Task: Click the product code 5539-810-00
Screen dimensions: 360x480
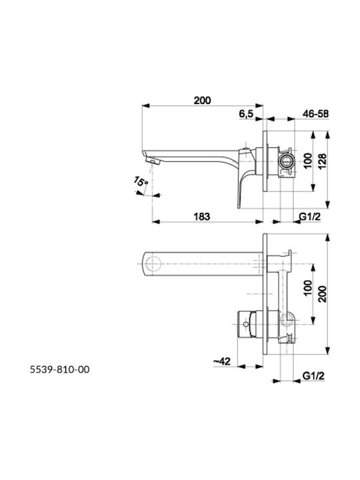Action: click(x=60, y=369)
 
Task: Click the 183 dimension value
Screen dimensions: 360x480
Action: click(x=202, y=217)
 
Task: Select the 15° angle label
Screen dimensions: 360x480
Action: click(x=141, y=182)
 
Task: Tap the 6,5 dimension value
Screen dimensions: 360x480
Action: click(x=246, y=113)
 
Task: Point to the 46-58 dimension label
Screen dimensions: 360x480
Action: click(x=315, y=113)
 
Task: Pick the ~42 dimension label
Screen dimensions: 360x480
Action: click(x=221, y=361)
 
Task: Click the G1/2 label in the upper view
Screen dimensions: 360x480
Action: click(x=310, y=217)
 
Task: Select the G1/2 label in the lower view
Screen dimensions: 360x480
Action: click(x=313, y=375)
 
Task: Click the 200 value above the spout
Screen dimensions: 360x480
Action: click(x=202, y=100)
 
